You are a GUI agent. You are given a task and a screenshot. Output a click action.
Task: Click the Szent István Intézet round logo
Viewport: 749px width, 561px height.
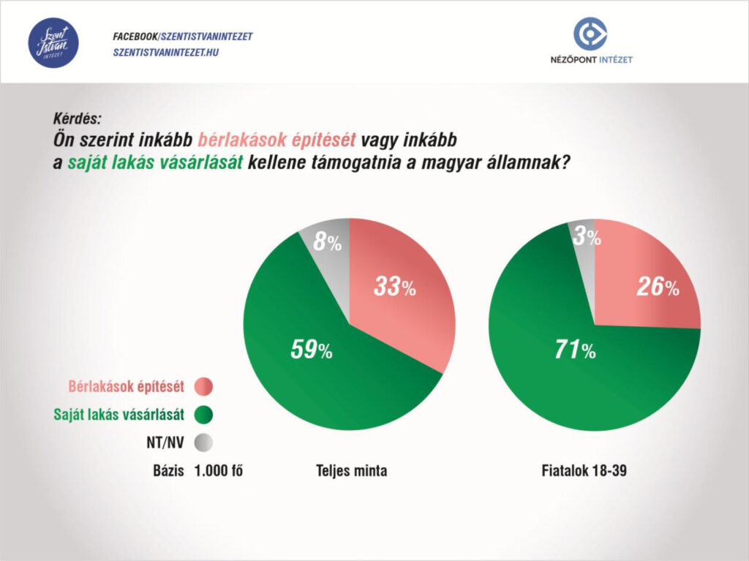(x=53, y=42)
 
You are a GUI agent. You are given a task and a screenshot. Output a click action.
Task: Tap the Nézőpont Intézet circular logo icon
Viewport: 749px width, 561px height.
(x=590, y=34)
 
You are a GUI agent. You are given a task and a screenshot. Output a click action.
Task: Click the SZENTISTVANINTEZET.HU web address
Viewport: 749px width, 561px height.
(x=166, y=52)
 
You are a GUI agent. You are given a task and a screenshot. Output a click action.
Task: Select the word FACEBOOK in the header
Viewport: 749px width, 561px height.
(x=135, y=37)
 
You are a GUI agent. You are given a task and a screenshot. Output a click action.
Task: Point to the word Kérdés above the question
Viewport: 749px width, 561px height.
(x=77, y=118)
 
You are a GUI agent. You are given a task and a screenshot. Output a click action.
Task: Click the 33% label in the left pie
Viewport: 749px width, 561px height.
(x=394, y=287)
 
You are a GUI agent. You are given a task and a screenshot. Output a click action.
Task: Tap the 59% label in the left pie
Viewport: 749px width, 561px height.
(x=312, y=350)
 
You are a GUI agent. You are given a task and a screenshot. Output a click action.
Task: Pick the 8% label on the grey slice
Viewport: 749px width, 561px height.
(x=327, y=242)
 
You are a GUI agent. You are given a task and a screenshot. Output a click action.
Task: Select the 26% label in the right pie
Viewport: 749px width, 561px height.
(x=658, y=287)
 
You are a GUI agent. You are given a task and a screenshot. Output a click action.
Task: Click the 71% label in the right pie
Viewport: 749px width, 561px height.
(x=575, y=350)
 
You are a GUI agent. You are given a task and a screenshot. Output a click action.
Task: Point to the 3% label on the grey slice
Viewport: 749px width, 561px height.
(x=587, y=236)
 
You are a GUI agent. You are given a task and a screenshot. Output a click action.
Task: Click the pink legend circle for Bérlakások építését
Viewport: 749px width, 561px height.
(x=203, y=386)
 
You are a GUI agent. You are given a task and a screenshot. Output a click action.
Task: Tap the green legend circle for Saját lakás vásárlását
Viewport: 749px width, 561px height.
(x=203, y=414)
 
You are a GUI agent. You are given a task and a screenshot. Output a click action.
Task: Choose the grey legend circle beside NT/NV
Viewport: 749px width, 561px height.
(x=203, y=443)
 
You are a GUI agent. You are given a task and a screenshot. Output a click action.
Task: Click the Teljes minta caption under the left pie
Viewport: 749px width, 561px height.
(x=352, y=471)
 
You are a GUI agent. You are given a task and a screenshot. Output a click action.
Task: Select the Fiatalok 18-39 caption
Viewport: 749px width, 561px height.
(x=584, y=471)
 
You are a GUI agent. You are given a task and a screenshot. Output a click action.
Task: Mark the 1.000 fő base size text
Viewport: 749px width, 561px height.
(x=218, y=471)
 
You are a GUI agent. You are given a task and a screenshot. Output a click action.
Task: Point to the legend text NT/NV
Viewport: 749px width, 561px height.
(x=165, y=443)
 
